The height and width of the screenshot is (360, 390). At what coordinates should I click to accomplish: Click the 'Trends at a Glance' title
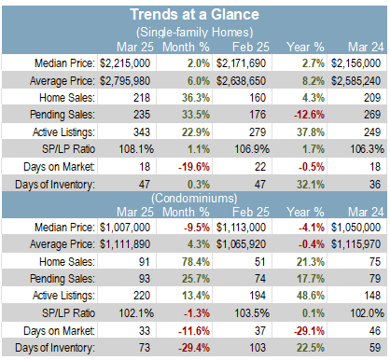195,15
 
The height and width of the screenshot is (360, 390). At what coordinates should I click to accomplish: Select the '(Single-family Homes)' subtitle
195,32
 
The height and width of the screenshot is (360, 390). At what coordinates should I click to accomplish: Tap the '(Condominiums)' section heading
194,198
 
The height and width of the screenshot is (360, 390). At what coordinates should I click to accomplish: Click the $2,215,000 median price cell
125,63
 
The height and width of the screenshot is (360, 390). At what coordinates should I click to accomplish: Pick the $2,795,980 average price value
125,81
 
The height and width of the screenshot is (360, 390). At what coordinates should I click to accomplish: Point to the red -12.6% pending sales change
309,115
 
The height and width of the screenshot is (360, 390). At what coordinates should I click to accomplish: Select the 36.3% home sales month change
196,98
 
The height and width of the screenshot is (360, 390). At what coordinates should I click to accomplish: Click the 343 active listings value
142,132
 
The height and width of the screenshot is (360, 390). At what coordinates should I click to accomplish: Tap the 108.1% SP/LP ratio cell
136,149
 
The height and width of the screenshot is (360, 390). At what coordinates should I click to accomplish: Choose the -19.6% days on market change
194,167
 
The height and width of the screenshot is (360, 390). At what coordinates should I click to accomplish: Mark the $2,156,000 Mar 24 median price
355,63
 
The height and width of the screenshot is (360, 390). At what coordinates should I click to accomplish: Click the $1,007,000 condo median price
125,228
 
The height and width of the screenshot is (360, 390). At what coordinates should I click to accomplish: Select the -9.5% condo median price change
197,228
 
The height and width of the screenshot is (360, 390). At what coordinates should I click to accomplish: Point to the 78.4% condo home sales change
196,262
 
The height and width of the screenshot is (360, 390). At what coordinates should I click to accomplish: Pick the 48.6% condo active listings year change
311,296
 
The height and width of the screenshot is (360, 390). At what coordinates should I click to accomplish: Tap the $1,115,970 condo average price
355,244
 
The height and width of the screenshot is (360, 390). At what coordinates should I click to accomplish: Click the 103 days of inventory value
258,348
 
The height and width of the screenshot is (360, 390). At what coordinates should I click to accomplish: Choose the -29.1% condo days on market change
309,331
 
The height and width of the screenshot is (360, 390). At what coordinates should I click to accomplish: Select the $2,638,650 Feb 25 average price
241,81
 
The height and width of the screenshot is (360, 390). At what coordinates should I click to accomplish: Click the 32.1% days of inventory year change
311,185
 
